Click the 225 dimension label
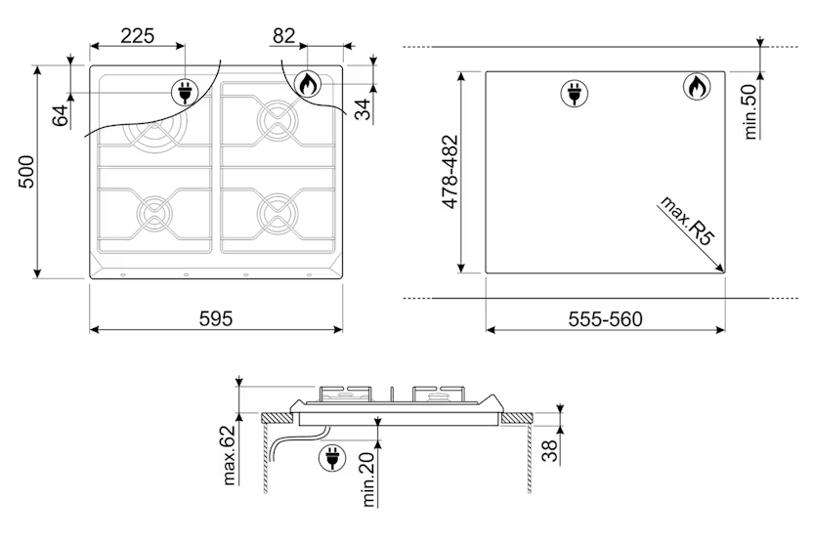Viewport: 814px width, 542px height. coord(138,35)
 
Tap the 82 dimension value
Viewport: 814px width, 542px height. coord(283,35)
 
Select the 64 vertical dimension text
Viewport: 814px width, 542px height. coord(61,114)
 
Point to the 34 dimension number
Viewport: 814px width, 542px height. coord(363,109)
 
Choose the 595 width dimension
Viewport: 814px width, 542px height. coord(215,319)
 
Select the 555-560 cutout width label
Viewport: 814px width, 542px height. coord(605,319)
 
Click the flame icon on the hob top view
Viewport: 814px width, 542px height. coord(307,85)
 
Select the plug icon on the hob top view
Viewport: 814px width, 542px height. coord(183,93)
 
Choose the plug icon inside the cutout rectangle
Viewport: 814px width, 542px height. coord(573,93)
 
